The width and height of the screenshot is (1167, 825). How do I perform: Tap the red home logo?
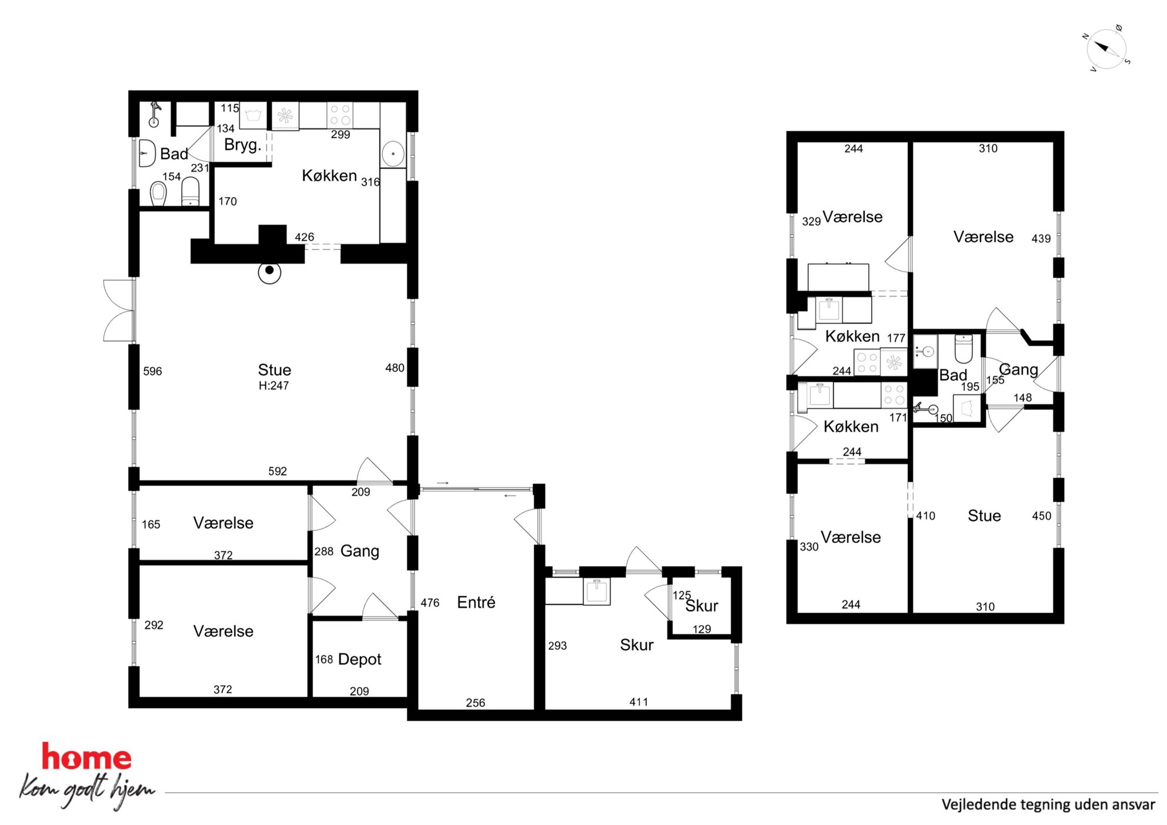86,757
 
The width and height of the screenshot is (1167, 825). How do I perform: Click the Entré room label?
476,602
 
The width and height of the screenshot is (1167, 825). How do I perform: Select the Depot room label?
360,659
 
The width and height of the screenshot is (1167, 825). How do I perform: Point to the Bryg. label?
242,145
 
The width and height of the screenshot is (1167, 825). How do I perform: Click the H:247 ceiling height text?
274,386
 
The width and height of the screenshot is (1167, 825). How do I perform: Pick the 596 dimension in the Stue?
152,371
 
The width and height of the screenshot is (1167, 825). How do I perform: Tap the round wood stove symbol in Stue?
269,271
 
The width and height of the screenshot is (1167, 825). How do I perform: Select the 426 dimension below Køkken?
304,237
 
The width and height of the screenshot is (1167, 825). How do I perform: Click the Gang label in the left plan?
359,551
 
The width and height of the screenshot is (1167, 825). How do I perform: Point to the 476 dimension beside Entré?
430,603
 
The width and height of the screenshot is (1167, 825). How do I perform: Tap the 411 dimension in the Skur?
639,702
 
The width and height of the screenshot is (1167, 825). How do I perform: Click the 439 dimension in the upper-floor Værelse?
1041,238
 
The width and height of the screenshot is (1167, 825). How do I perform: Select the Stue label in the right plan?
984,516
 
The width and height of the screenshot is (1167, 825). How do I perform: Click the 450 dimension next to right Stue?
1042,516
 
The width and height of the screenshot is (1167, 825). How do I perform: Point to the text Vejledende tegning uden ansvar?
1048,804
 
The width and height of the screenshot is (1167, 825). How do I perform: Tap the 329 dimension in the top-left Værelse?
811,221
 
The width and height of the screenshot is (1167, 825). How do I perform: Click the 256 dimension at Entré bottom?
475,703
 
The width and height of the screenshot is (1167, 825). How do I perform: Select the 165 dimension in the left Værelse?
151,524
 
